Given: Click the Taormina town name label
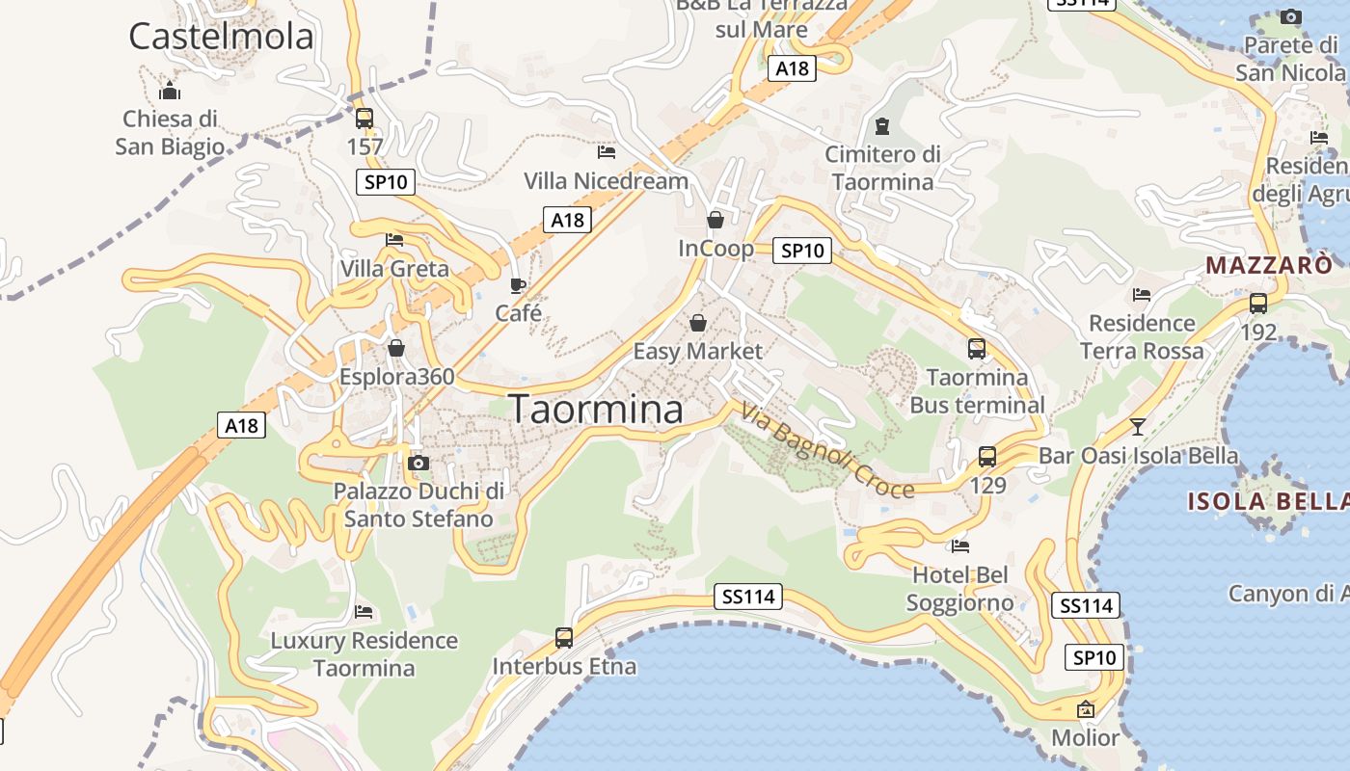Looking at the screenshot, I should pyautogui.click(x=596, y=410).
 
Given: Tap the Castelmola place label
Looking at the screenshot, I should pyautogui.click(x=221, y=37).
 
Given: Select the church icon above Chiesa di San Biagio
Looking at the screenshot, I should pyautogui.click(x=170, y=91).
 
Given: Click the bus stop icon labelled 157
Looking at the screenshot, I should pyautogui.click(x=364, y=119).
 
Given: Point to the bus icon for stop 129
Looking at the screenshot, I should pyautogui.click(x=987, y=456).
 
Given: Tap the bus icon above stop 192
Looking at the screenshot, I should pyautogui.click(x=1258, y=303).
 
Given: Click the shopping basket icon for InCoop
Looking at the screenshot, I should pyautogui.click(x=715, y=220).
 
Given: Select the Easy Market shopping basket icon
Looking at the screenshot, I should pyautogui.click(x=697, y=322).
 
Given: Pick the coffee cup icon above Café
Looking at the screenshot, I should pyautogui.click(x=518, y=284).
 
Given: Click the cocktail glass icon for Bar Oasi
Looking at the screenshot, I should pyautogui.click(x=1138, y=426).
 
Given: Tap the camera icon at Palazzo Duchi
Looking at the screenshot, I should pyautogui.click(x=418, y=463).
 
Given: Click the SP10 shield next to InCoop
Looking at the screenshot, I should pyautogui.click(x=802, y=251).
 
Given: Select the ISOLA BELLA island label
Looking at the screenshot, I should pyautogui.click(x=1267, y=501).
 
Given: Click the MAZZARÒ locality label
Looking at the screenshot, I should pyautogui.click(x=1269, y=265).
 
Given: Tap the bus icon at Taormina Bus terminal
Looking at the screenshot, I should pyautogui.click(x=977, y=348).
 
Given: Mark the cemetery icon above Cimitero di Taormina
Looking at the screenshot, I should pyautogui.click(x=881, y=125).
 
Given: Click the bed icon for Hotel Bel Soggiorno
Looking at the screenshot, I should pyautogui.click(x=959, y=546).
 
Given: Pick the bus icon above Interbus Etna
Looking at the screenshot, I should pyautogui.click(x=564, y=637).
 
